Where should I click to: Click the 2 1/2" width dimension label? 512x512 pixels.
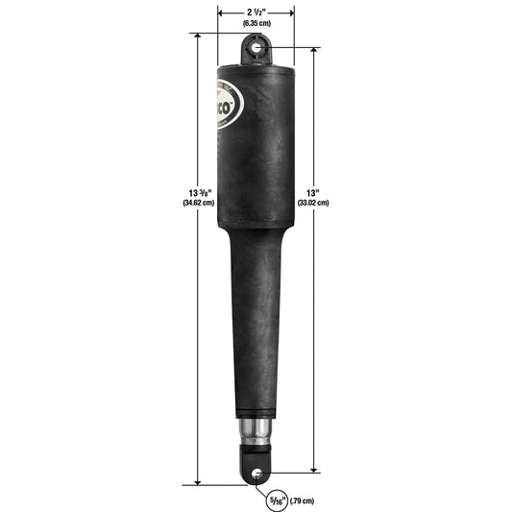point(256,10)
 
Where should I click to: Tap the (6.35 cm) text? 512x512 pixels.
point(256,21)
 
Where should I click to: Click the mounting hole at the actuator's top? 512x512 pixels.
point(256,45)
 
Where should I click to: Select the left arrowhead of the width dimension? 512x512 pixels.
point(222,11)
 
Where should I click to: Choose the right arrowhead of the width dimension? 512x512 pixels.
point(292,11)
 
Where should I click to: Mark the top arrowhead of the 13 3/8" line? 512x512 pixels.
point(198,37)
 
